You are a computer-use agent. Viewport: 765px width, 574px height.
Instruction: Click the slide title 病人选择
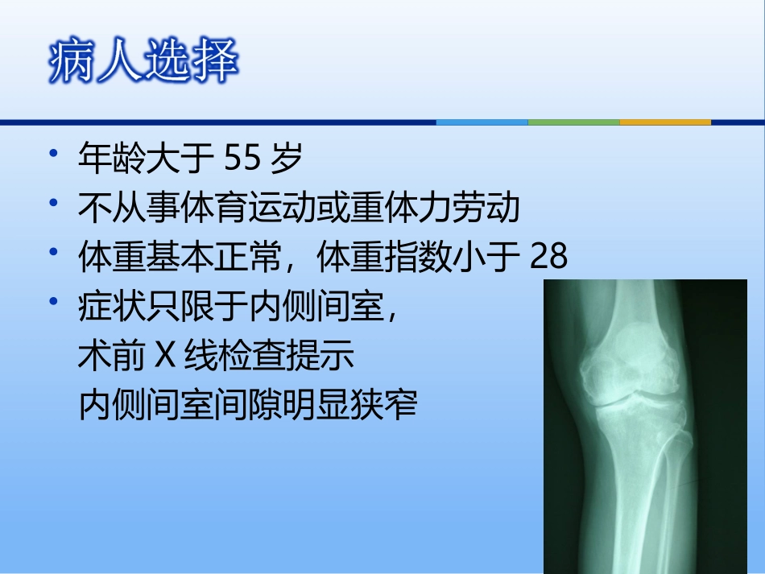tap(143, 62)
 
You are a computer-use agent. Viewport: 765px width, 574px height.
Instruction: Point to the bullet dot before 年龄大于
tap(53, 156)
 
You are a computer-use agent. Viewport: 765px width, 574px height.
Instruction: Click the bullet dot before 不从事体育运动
tap(53, 204)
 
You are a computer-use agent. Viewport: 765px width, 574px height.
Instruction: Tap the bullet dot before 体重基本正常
tap(53, 253)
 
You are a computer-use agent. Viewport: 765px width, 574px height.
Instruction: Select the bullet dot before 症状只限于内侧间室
tap(53, 302)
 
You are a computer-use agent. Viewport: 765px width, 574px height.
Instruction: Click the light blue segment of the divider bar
tap(482, 122)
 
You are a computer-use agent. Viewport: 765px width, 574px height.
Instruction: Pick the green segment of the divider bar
tap(573, 122)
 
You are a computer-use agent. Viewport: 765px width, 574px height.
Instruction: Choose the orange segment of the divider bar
tap(665, 122)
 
